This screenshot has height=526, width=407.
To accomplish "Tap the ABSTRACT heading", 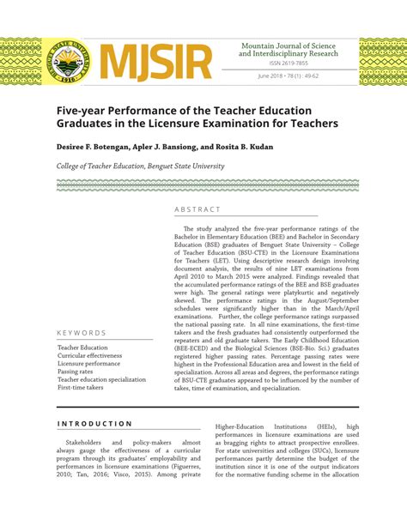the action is (197, 209).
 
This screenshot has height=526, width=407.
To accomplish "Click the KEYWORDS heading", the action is (82, 333).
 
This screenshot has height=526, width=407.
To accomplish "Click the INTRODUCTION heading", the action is (95, 423).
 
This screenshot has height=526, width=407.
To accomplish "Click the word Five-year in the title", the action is (86, 111).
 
